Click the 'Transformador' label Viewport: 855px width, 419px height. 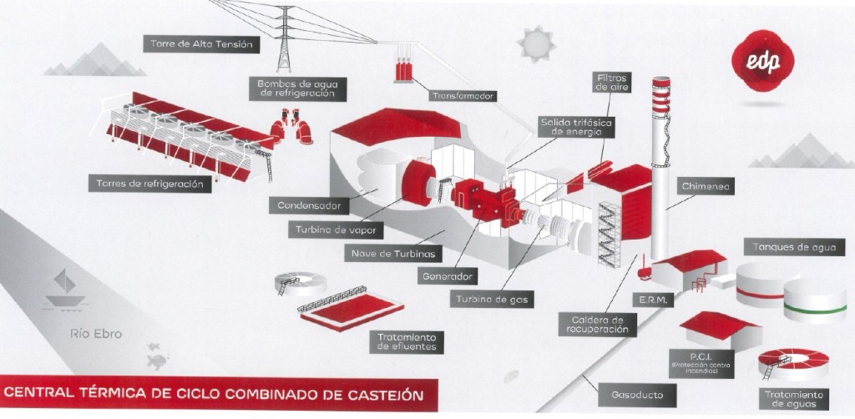coord(463,96)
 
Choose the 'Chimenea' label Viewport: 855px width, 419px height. coord(705,188)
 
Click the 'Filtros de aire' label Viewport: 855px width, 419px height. coord(612,81)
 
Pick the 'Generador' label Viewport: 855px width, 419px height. coord(449,275)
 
